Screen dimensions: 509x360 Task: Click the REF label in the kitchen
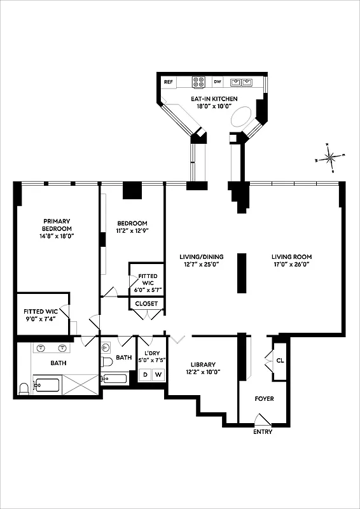pos(169,82)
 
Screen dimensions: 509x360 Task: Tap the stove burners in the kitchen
pos(198,82)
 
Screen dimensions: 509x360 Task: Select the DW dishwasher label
pos(218,82)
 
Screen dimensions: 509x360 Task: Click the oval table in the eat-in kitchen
pos(242,118)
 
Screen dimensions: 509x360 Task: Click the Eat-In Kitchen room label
pos(214,99)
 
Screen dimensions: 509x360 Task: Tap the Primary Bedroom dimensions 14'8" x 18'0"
pos(57,235)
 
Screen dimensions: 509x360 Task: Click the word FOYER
pos(264,399)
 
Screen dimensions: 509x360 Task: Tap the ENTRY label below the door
pos(263,432)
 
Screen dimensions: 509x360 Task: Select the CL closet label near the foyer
pos(280,361)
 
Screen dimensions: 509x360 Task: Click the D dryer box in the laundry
pos(145,375)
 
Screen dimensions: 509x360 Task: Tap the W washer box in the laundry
pos(157,375)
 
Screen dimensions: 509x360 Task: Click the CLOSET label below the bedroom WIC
pos(146,303)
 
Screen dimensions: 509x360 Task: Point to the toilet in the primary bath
pos(24,388)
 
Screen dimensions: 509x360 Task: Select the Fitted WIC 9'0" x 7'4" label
pos(42,316)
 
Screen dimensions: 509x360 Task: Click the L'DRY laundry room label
pos(151,354)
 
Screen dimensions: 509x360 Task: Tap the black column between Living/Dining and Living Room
pos(242,273)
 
